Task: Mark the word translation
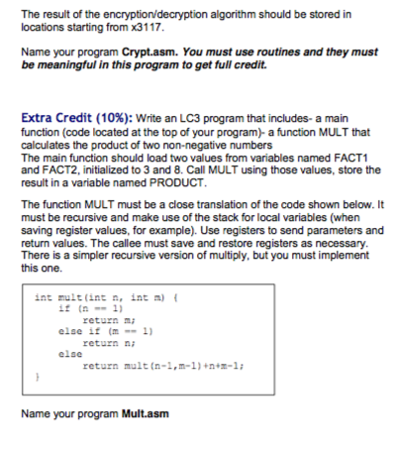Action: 211,215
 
